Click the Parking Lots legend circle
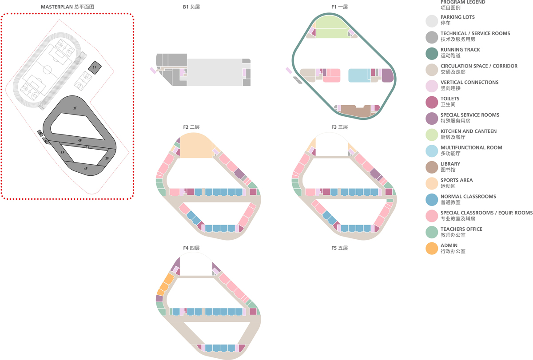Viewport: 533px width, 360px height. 432,21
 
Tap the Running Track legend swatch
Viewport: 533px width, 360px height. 432,54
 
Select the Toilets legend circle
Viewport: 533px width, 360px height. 432,102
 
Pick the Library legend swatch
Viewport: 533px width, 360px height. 432,167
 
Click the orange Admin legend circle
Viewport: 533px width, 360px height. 432,249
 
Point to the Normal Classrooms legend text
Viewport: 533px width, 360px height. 468,199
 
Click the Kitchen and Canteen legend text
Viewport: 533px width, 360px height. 468,134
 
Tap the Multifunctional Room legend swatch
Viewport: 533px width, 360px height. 432,151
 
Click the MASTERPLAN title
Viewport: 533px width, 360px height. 68,7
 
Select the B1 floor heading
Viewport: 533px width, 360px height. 191,7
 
